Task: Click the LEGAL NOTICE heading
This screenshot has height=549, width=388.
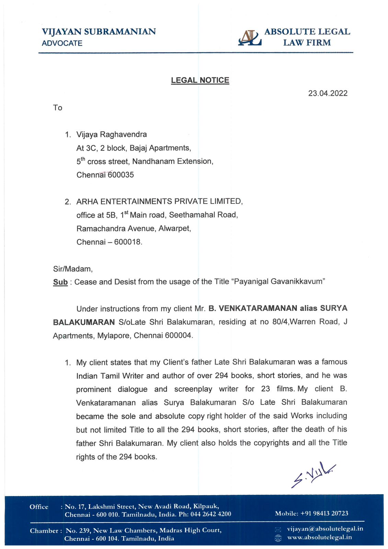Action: [x=200, y=80]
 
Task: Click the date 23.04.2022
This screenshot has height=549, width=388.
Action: [x=328, y=93]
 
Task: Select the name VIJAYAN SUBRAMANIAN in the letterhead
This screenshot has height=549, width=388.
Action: [x=99, y=32]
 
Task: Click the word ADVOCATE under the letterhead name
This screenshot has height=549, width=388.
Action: [x=62, y=43]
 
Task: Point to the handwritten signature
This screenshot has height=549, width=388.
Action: [x=312, y=475]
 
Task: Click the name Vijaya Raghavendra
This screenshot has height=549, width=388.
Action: [x=112, y=135]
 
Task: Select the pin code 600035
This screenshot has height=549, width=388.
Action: [x=121, y=175]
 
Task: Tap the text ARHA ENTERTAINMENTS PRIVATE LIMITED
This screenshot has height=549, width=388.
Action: [x=159, y=201]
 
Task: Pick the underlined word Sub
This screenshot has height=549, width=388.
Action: [x=60, y=282]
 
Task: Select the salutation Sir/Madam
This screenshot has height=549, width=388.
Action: [x=73, y=269]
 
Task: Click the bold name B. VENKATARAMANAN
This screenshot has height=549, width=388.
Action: [x=253, y=308]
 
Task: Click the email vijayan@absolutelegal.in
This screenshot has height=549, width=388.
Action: [x=325, y=529]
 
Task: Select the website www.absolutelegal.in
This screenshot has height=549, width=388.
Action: [x=319, y=537]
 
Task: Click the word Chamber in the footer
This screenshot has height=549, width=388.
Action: [x=44, y=531]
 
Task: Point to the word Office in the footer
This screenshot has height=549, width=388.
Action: [x=39, y=507]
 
